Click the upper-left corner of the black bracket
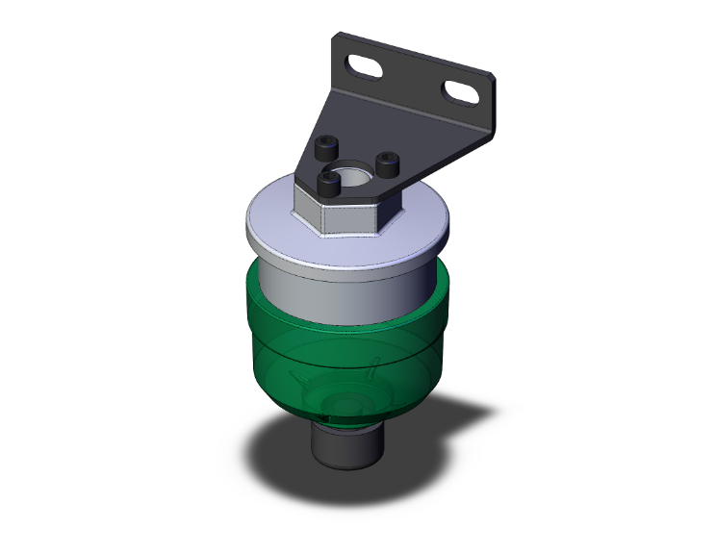click(x=336, y=40)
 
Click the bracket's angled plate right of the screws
click(x=423, y=144)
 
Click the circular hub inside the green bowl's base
click(x=342, y=404)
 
